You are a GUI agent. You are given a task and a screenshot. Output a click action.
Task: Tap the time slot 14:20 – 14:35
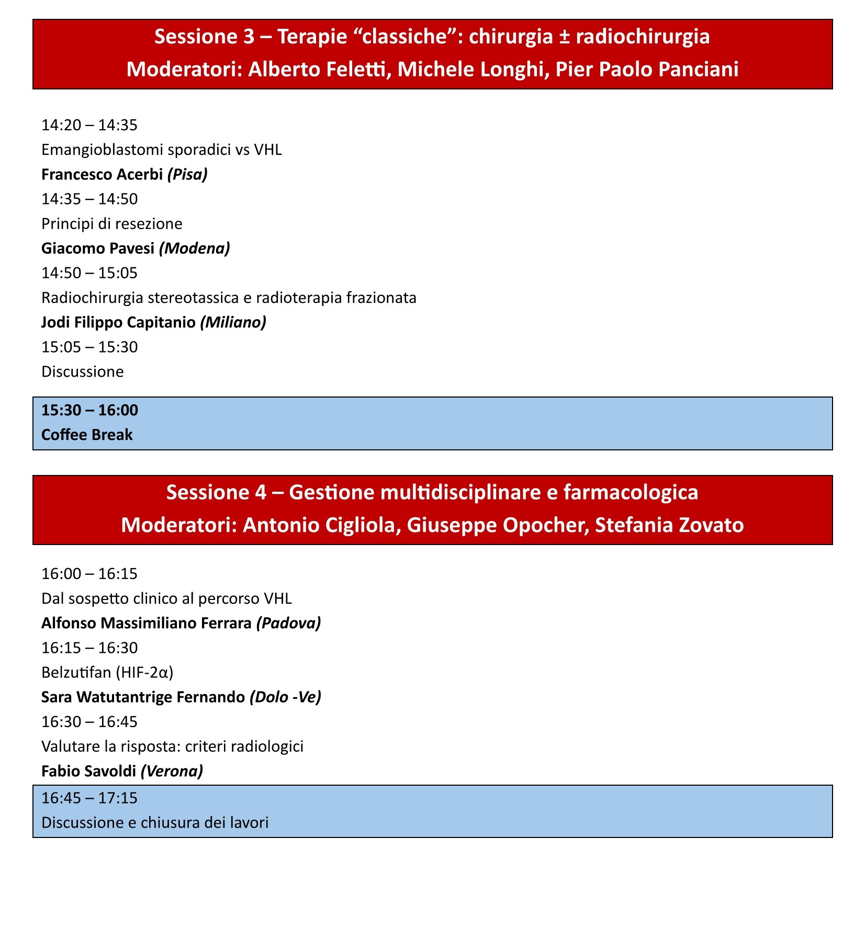coord(89,125)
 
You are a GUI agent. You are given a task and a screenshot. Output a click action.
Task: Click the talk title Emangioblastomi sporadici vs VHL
coord(161,150)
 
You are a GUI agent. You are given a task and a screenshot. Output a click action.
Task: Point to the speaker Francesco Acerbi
coord(102,174)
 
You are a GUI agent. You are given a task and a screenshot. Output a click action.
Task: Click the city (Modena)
coord(194,248)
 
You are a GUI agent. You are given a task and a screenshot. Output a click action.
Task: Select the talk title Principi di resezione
coord(111,224)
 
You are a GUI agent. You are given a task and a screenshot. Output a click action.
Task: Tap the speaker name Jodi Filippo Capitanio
coord(118,322)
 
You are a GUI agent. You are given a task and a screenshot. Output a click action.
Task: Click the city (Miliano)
coord(233,322)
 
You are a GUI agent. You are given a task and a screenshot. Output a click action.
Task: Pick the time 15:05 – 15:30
coord(89,347)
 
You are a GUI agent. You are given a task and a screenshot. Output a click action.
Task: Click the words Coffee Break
coord(87,435)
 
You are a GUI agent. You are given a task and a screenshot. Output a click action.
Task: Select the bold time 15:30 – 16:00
coord(89,410)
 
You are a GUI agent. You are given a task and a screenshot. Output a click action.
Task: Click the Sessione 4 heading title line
coord(432,493)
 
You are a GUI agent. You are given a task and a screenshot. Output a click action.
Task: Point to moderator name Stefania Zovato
coord(669,525)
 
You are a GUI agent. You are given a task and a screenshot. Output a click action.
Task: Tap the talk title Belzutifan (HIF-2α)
coord(107,672)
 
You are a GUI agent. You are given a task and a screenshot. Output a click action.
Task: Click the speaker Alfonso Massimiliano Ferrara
coord(146,623)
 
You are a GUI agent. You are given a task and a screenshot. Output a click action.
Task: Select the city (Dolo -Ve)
coord(285,697)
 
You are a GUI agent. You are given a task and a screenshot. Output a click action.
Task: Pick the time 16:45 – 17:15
coord(89,798)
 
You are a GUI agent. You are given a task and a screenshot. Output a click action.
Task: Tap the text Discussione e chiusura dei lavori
coord(155,822)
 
